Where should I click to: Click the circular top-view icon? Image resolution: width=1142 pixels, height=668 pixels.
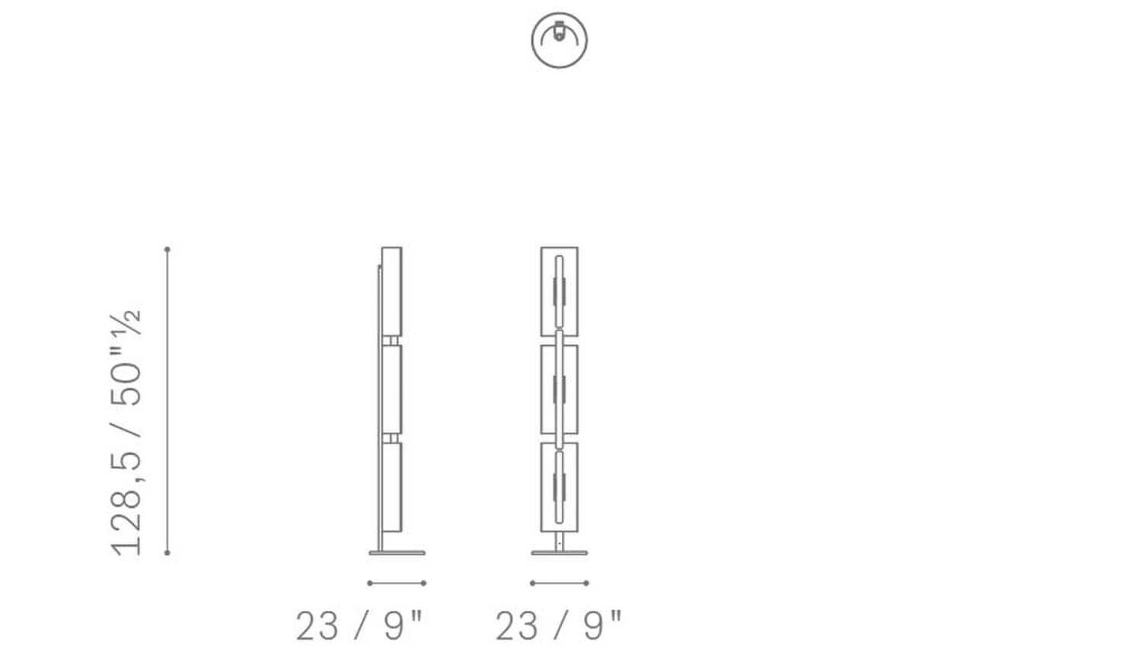click(x=560, y=40)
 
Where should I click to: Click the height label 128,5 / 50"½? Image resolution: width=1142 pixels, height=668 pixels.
click(x=126, y=432)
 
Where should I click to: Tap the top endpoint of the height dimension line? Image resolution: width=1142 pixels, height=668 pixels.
click(x=167, y=249)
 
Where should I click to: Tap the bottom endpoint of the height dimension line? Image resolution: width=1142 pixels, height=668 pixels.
click(x=167, y=553)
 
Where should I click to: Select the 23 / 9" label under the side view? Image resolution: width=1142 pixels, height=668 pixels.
click(x=359, y=626)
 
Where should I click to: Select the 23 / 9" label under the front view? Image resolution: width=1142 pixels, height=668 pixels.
click(x=559, y=626)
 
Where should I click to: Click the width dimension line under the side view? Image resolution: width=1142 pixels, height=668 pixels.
click(x=396, y=583)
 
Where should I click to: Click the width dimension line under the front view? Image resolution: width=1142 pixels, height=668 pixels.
click(x=560, y=583)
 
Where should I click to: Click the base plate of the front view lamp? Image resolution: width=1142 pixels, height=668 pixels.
click(x=560, y=553)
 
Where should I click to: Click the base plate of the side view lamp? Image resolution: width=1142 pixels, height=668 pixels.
click(x=397, y=553)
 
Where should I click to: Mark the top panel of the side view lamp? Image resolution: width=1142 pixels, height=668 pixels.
click(x=391, y=290)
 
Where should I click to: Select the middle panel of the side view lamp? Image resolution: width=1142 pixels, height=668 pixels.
click(x=391, y=388)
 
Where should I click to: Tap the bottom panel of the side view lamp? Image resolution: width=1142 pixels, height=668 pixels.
click(x=391, y=487)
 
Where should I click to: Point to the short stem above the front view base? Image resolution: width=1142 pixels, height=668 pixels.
click(x=560, y=541)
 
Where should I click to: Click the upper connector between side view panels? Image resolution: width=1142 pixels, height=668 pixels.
click(x=391, y=340)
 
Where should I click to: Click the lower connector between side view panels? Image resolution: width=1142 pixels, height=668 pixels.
click(x=391, y=438)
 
